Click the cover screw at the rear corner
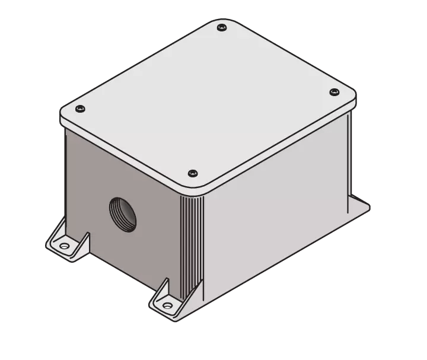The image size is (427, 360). (222, 27)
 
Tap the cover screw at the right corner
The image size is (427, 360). (333, 92)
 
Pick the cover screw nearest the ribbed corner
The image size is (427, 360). (192, 173)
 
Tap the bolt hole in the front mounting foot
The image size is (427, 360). (167, 305)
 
